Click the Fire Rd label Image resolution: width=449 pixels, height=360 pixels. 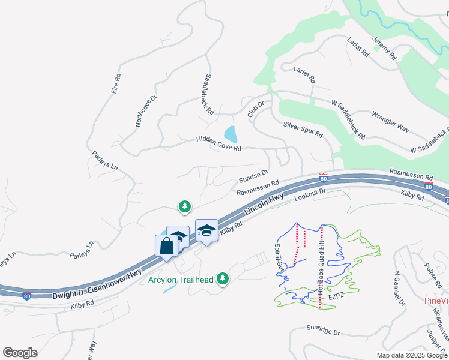(x=117, y=85)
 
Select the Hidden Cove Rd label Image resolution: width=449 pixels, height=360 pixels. (x=218, y=143)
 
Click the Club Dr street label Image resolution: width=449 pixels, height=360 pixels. (x=256, y=109)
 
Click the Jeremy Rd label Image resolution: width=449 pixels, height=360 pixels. (x=384, y=49)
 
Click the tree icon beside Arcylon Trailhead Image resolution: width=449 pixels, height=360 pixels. (x=223, y=278)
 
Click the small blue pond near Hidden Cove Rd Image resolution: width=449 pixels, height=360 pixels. (x=230, y=133)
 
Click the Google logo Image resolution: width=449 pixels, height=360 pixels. (x=20, y=352)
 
